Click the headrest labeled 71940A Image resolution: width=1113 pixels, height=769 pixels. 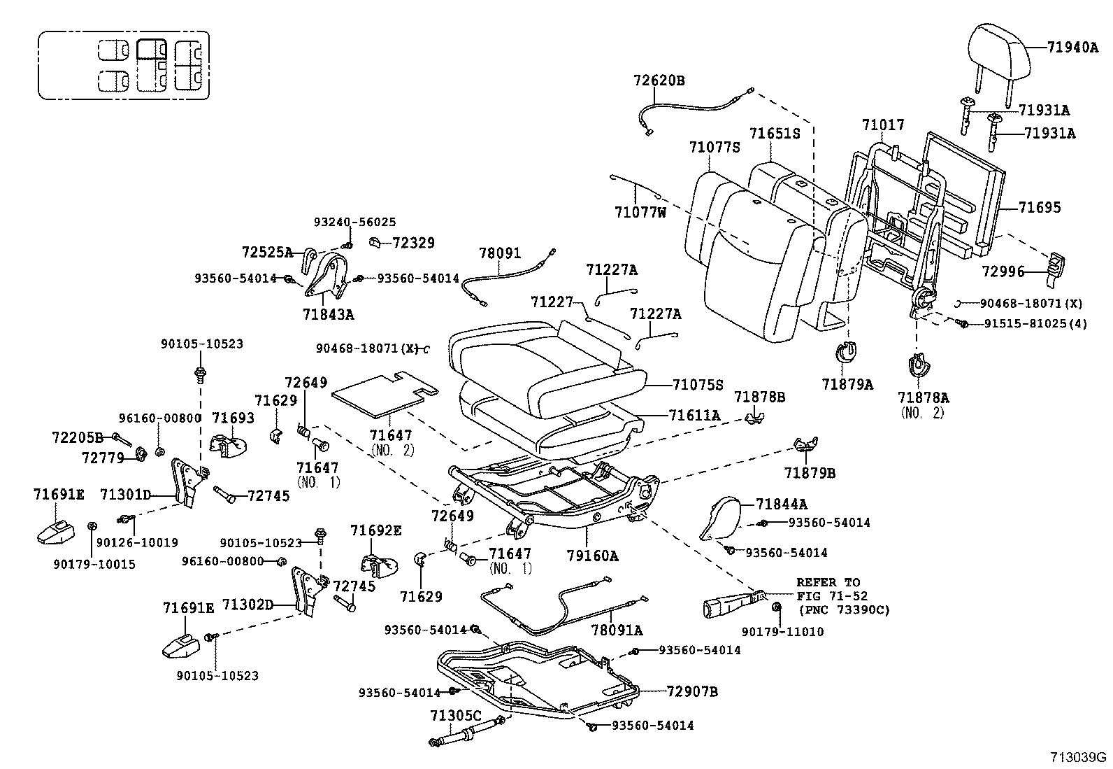click(x=1000, y=52)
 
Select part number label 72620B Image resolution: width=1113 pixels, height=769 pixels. click(x=659, y=80)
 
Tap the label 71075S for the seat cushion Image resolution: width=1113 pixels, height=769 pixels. click(x=697, y=384)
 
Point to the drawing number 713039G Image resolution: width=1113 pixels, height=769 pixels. click(x=1077, y=757)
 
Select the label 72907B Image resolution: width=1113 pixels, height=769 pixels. click(x=692, y=692)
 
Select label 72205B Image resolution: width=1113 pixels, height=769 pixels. click(x=77, y=437)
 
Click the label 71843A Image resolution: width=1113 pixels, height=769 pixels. click(x=328, y=315)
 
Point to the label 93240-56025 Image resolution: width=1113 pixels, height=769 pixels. click(x=354, y=223)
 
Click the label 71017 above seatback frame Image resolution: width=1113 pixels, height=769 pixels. click(x=882, y=125)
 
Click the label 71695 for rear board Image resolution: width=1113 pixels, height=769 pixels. click(x=1040, y=207)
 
